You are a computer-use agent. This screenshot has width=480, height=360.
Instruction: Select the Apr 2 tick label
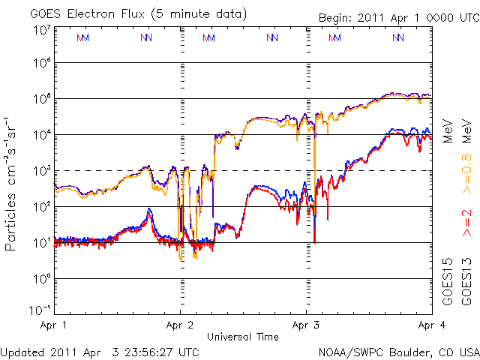(180, 325)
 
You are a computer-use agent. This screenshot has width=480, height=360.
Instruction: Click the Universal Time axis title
(242, 337)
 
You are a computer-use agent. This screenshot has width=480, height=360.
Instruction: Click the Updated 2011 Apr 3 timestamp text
(100, 351)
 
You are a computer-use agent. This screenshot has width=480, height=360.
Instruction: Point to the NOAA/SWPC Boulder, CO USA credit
(398, 351)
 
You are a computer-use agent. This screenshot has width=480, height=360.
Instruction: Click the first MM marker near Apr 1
(82, 37)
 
